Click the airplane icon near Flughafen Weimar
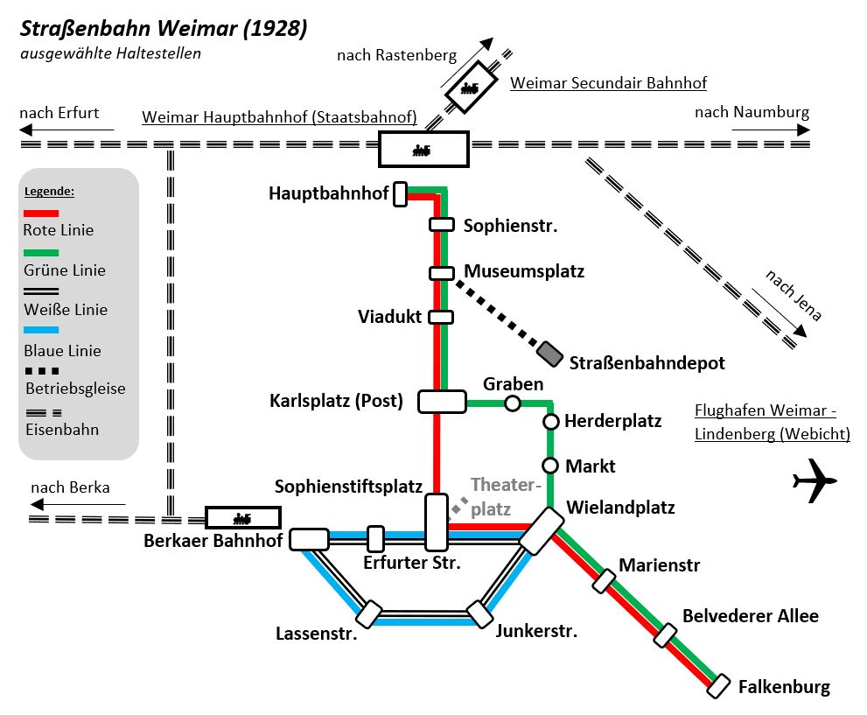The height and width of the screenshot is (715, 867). pyautogui.click(x=814, y=481)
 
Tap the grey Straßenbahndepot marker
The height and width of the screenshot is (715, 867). pyautogui.click(x=550, y=353)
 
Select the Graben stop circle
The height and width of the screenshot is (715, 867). pyautogui.click(x=513, y=403)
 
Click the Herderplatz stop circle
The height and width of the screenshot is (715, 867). pyautogui.click(x=551, y=422)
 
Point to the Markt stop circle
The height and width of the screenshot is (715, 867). pyautogui.click(x=550, y=466)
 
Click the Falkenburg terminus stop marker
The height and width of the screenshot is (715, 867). pyautogui.click(x=719, y=687)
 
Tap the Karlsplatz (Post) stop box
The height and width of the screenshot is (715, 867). pyautogui.click(x=442, y=402)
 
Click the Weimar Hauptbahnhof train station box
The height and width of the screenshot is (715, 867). pyautogui.click(x=423, y=150)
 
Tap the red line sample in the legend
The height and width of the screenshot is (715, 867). pyautogui.click(x=41, y=213)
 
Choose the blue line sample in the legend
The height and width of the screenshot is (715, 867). pyautogui.click(x=41, y=330)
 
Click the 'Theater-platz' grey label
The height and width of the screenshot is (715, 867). pyautogui.click(x=506, y=496)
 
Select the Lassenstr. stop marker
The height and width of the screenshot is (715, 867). pyautogui.click(x=369, y=613)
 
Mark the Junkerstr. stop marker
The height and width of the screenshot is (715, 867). pyautogui.click(x=479, y=613)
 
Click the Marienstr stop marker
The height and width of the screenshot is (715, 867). pyautogui.click(x=605, y=580)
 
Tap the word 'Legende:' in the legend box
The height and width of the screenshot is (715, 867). pyautogui.click(x=49, y=191)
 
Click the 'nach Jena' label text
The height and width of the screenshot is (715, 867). pyautogui.click(x=794, y=295)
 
